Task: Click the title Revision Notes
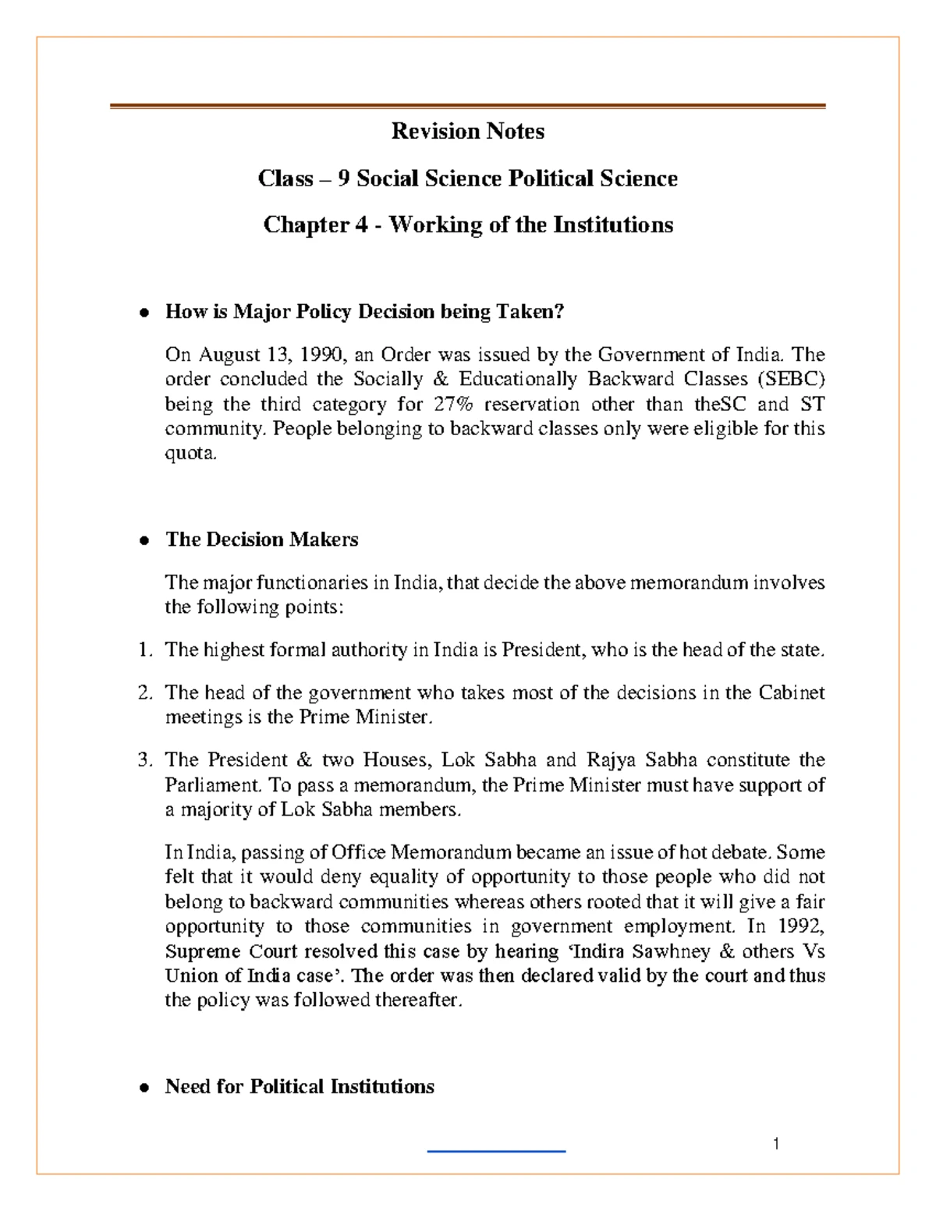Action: (467, 131)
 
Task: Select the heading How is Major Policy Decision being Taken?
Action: (363, 312)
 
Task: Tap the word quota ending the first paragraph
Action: (188, 454)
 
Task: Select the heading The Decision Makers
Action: (261, 540)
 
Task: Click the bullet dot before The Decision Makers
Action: (143, 541)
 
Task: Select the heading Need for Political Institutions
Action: (300, 1086)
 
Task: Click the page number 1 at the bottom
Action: (776, 1144)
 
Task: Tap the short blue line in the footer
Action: (496, 1151)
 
